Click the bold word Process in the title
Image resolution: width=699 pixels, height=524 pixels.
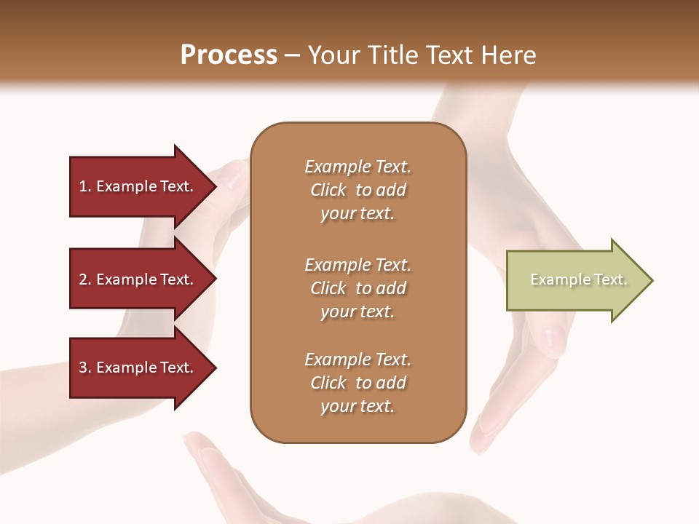(229, 55)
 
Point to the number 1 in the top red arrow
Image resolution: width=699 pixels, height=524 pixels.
(83, 186)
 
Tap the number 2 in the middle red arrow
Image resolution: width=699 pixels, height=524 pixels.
(83, 279)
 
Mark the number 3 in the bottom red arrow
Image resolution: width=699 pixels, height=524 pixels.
(83, 368)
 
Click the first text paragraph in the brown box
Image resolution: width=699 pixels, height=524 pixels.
(358, 190)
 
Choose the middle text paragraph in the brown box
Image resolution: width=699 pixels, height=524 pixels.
(358, 288)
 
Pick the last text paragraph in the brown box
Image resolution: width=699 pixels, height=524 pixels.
(358, 383)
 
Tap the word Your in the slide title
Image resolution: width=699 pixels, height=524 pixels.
(332, 55)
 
